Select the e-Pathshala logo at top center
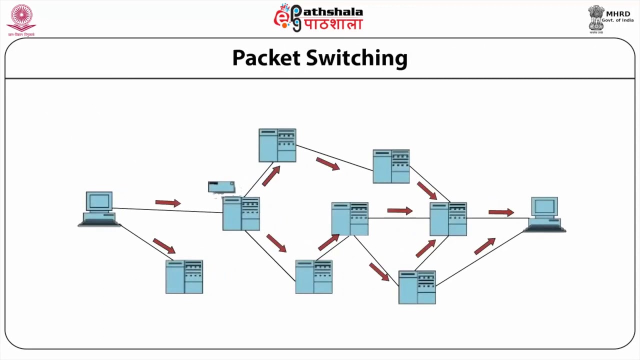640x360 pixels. tap(318, 18)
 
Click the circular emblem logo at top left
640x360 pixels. tap(21, 19)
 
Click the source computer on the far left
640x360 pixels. tap(99, 209)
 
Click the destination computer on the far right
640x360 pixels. tap(544, 214)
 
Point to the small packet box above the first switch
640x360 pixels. tap(221, 187)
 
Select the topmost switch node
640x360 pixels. tap(277, 145)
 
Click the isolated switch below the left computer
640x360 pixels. tap(184, 276)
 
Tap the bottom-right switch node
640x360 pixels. tap(417, 287)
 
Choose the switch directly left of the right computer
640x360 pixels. tap(448, 219)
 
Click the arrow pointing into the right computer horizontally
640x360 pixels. tap(501, 212)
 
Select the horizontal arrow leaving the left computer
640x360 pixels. tap(168, 202)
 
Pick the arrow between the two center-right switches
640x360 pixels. tap(400, 211)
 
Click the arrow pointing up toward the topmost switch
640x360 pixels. tap(271, 176)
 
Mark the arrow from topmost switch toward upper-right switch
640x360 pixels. tap(328, 164)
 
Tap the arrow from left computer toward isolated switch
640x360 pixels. tap(164, 245)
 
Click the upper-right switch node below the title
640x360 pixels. tap(391, 166)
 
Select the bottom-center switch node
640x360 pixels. tap(314, 276)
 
